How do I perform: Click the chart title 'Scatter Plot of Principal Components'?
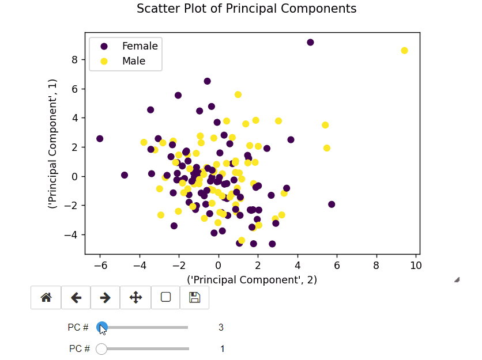246,9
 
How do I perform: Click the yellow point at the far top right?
404,51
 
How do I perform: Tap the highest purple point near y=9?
310,43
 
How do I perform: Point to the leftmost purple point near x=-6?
100,139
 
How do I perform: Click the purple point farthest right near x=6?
332,204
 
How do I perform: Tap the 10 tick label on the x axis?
416,265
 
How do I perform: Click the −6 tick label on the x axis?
100,265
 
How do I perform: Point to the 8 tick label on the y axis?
74,59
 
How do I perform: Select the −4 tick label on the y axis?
71,234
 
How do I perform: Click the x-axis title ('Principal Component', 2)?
252,280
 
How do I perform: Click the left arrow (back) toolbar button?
76,297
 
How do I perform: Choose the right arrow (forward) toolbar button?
105,297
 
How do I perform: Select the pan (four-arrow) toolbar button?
135,297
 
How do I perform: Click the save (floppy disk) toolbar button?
194,297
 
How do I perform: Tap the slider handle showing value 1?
101,348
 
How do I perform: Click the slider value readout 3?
221,327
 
